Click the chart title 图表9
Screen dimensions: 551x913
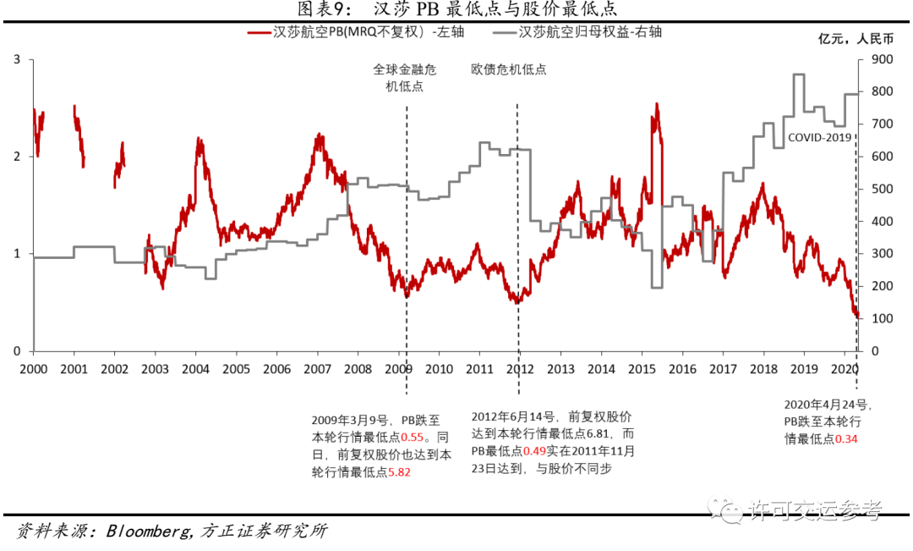pyautogui.click(x=456, y=9)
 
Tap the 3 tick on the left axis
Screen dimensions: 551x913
pyautogui.click(x=18, y=59)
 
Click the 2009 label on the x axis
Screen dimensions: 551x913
pyautogui.click(x=397, y=369)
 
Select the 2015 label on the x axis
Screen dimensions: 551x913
pyautogui.click(x=642, y=369)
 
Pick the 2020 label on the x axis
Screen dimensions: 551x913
pyautogui.click(x=845, y=369)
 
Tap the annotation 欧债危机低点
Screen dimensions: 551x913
pyautogui.click(x=509, y=69)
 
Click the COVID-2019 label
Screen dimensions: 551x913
pyautogui.click(x=819, y=137)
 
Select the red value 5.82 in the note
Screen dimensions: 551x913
pyautogui.click(x=398, y=472)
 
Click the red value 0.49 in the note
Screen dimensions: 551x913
pyautogui.click(x=535, y=451)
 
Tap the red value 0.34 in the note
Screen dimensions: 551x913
pyautogui.click(x=846, y=438)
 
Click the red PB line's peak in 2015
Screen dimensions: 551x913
pyautogui.click(x=657, y=105)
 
